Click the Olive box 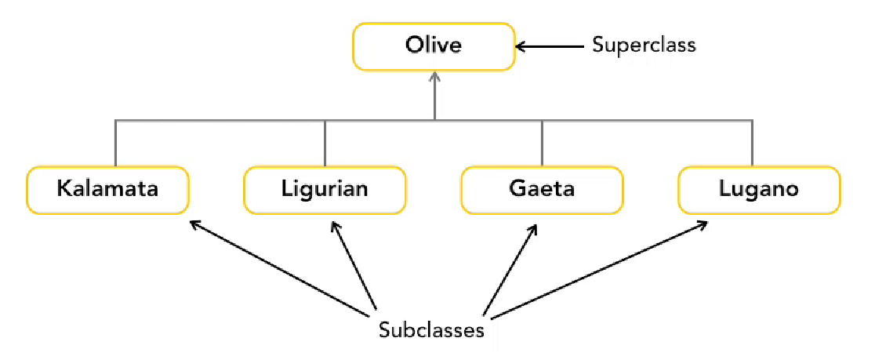click(434, 46)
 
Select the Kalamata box click(108, 189)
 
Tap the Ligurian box click(325, 189)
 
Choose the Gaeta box click(542, 189)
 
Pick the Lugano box click(758, 189)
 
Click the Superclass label click(644, 45)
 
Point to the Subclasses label click(431, 330)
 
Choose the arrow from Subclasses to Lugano click(600, 269)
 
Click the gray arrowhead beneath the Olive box click(434, 78)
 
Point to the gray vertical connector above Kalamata click(116, 143)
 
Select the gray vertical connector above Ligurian click(325, 143)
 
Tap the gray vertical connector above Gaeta click(542, 143)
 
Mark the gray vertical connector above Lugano click(754, 143)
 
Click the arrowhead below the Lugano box click(700, 225)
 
